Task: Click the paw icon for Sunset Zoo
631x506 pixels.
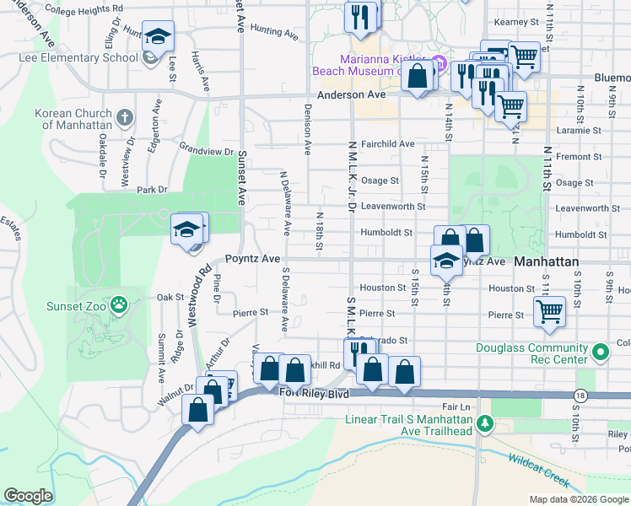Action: pos(120,304)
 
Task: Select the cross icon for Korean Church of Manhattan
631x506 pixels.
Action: pos(125,117)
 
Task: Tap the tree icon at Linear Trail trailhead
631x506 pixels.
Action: pos(484,421)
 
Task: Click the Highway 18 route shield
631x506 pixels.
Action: pos(580,396)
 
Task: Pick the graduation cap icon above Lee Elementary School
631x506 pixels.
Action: pos(158,36)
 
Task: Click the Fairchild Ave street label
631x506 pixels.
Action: pos(387,144)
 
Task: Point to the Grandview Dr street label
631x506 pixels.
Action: pos(206,150)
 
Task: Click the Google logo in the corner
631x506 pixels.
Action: pos(28,496)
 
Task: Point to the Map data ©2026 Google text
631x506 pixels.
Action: pos(578,499)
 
